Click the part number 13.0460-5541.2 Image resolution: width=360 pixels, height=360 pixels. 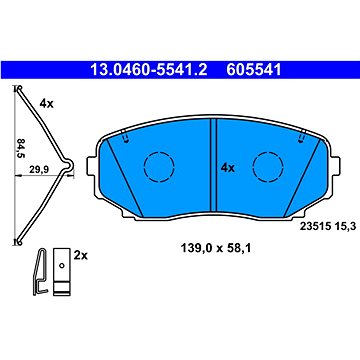149,70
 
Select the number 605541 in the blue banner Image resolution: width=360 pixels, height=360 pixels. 254,70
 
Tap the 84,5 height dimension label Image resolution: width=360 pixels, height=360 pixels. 21,148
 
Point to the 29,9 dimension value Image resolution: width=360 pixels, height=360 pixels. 39,170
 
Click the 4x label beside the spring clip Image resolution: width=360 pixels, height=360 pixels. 46,104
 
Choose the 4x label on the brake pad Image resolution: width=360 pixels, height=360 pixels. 228,168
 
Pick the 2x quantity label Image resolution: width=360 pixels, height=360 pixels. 80,256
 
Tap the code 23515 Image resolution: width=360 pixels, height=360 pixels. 312,227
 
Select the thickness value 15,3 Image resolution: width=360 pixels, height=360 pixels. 338,227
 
